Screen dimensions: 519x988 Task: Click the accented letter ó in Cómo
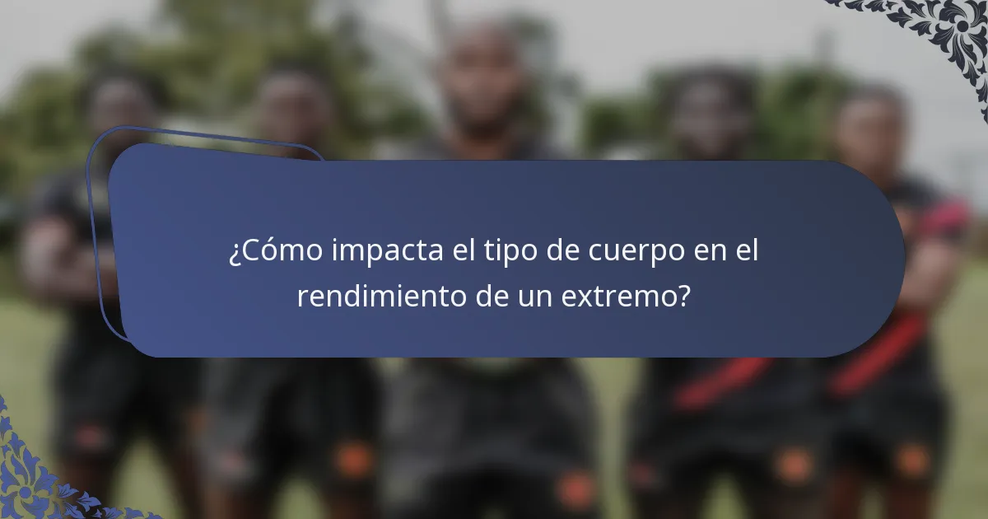(x=268, y=253)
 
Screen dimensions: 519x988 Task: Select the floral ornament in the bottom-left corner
(x=41, y=478)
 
